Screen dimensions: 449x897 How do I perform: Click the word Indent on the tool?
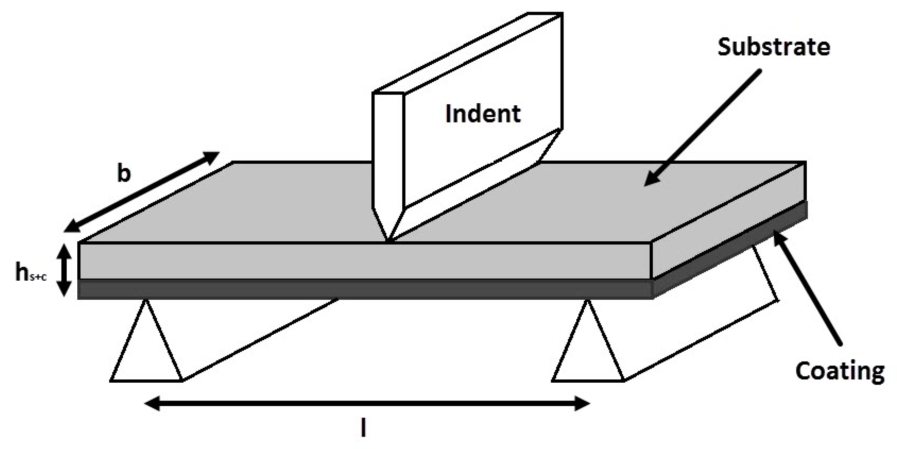click(x=483, y=114)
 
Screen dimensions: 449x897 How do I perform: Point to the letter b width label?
click(x=124, y=174)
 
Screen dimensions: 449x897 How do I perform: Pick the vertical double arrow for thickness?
click(x=64, y=270)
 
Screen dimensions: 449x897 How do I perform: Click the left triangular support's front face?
click(x=146, y=351)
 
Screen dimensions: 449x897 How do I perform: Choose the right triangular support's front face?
click(x=587, y=351)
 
